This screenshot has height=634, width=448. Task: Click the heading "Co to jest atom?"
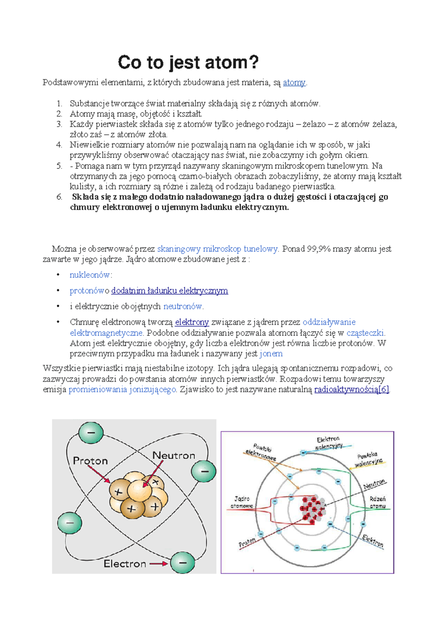pyautogui.click(x=188, y=62)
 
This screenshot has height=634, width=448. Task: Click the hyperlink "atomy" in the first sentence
pyautogui.click(x=294, y=83)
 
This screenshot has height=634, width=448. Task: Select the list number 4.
pyautogui.click(x=59, y=145)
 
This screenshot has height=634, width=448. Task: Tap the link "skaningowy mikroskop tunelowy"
pyautogui.click(x=217, y=249)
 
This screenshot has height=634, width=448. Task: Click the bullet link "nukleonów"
pyautogui.click(x=90, y=275)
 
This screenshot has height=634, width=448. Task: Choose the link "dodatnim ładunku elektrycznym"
pyautogui.click(x=169, y=291)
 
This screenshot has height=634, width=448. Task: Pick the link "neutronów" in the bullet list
pyautogui.click(x=183, y=307)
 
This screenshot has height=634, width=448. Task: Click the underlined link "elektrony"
pyautogui.click(x=192, y=322)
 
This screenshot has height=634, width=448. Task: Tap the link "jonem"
pyautogui.click(x=271, y=354)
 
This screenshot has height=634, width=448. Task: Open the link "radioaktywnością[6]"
pyautogui.click(x=352, y=389)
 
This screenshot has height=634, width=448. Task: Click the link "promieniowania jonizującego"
pyautogui.click(x=122, y=389)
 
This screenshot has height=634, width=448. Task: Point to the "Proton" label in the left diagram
pyautogui.click(x=90, y=461)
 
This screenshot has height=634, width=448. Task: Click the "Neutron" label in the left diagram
pyautogui.click(x=174, y=456)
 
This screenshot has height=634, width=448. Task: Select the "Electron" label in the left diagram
pyautogui.click(x=125, y=563)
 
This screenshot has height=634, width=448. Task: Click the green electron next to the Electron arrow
pyautogui.click(x=183, y=563)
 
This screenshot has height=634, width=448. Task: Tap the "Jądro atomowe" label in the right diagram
pyautogui.click(x=242, y=502)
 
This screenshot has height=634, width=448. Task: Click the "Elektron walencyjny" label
pyautogui.click(x=329, y=443)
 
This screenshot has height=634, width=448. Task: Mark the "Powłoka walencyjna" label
pyautogui.click(x=368, y=460)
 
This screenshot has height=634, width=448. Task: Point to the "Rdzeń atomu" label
pyautogui.click(x=377, y=502)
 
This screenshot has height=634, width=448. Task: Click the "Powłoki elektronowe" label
pyautogui.click(x=261, y=452)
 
